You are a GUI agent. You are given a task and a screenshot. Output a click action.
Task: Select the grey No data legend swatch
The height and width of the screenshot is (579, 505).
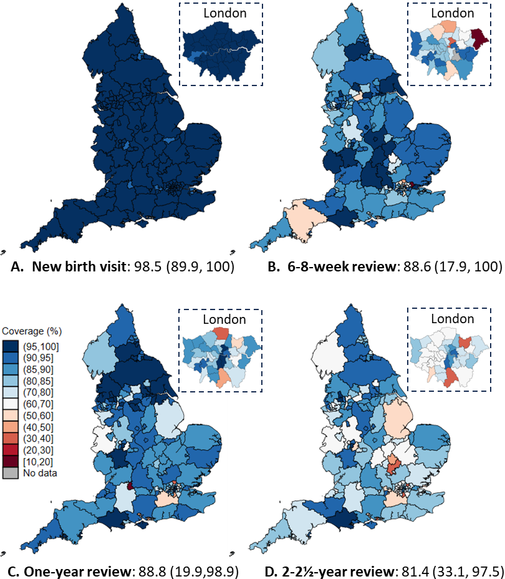pyautogui.click(x=11, y=473)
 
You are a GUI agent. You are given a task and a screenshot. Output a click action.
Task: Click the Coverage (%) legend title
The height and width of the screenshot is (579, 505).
pyautogui.click(x=32, y=331)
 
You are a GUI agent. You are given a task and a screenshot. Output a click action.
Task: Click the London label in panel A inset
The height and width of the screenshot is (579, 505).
pyautogui.click(x=224, y=13)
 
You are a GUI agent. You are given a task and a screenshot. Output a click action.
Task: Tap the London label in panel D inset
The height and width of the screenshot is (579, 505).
pyautogui.click(x=453, y=319)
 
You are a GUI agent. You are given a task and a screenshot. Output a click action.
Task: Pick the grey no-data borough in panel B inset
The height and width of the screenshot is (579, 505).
pyautogui.click(x=456, y=56)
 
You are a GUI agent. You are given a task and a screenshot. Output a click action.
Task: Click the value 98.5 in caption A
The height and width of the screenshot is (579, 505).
pyautogui.click(x=148, y=266)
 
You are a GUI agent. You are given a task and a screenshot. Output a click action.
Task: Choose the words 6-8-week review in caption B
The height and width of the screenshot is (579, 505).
pyautogui.click(x=341, y=266)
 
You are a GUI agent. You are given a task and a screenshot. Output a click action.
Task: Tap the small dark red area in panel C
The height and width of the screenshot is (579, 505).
pyautogui.click(x=130, y=486)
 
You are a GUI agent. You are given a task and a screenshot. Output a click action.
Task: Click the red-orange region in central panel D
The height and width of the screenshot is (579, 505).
pyautogui.click(x=393, y=464)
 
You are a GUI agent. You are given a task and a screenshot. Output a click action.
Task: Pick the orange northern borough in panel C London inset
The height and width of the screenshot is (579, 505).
pyautogui.click(x=222, y=333)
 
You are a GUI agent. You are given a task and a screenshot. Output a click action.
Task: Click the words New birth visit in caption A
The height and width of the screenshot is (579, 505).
pyautogui.click(x=79, y=266)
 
